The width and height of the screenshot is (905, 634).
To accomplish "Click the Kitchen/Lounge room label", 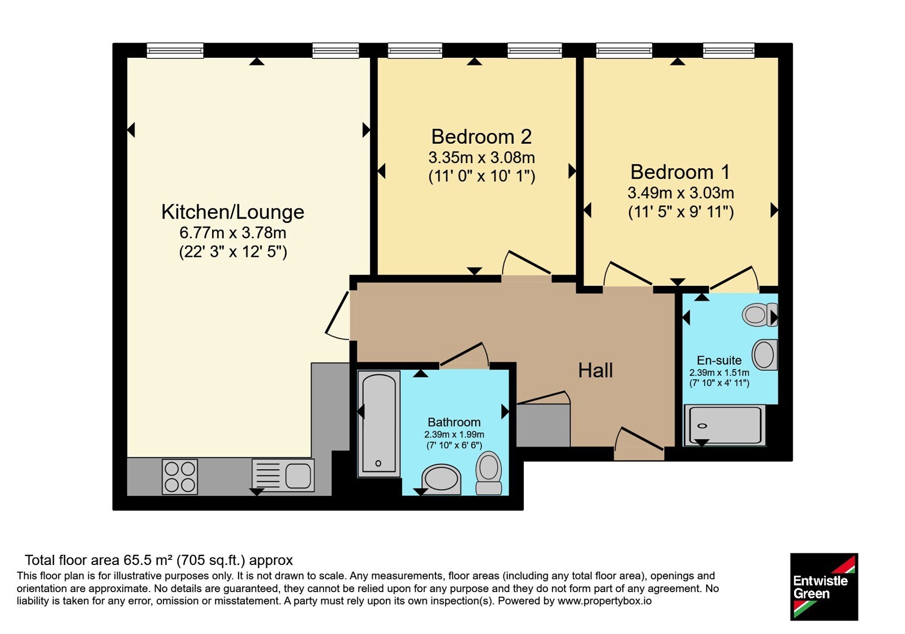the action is click(x=232, y=212).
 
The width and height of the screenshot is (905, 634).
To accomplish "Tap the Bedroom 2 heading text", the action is click(x=481, y=136).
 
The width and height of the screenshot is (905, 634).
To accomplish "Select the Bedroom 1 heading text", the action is click(x=680, y=172).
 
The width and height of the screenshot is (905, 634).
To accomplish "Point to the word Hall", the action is click(x=595, y=370).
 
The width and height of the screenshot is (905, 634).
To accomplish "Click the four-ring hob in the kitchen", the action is click(x=180, y=477).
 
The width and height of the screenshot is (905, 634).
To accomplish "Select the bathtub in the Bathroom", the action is click(x=378, y=424).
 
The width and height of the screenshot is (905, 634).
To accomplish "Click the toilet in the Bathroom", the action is click(x=489, y=473).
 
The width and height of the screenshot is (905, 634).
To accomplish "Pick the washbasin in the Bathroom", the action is click(x=441, y=479).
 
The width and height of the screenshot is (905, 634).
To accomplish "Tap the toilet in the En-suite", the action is click(x=760, y=315).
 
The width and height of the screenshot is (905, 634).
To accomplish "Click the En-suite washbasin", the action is click(x=765, y=354).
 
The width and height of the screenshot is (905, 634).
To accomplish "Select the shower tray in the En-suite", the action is click(x=725, y=425).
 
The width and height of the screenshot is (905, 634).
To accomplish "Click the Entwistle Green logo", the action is click(x=824, y=586).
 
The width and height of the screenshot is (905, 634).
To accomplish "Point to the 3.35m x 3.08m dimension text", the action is click(x=481, y=158).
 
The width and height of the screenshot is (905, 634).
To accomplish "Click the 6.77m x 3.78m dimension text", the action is click(x=232, y=233).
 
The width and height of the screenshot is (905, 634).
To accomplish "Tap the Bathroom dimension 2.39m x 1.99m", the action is click(x=454, y=435).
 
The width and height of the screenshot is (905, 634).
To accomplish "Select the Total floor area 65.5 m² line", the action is click(x=159, y=560).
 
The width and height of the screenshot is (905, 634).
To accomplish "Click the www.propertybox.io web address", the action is click(x=605, y=601).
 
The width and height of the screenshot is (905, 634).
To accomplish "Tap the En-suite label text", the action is click(x=719, y=360).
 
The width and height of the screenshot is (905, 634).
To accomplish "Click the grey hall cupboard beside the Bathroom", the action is click(x=544, y=425).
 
